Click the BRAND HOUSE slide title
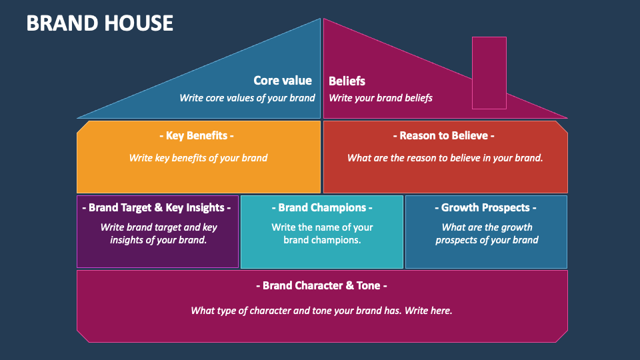point(99,23)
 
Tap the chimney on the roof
point(489,73)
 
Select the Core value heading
point(283,81)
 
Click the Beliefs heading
point(347,81)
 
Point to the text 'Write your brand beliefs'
point(381,98)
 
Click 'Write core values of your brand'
point(247,98)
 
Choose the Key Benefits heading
point(196,135)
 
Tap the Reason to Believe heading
point(444,135)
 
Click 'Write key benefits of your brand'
point(198,158)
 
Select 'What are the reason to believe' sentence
point(445,158)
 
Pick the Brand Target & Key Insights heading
point(156,208)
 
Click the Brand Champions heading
point(322,208)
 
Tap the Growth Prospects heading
point(485,208)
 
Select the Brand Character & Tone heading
point(321,286)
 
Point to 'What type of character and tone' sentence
point(321,311)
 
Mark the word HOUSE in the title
point(139,23)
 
